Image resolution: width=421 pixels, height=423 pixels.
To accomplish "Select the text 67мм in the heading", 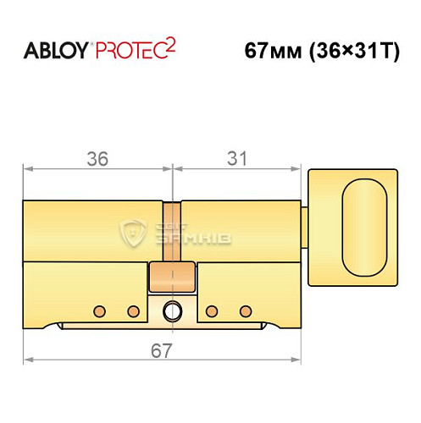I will (x=268, y=50).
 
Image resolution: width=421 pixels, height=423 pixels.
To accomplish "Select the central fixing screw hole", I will (x=172, y=310).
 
